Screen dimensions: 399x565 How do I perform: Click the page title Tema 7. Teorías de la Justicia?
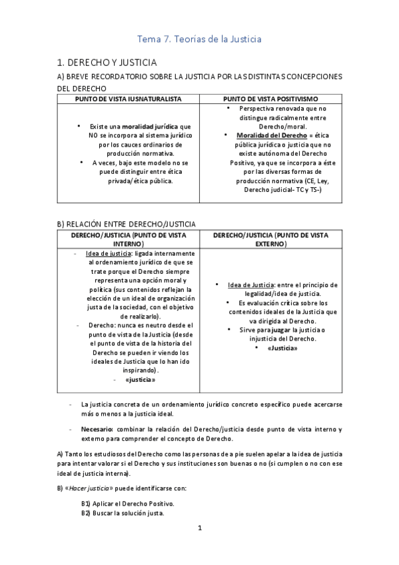point(199,39)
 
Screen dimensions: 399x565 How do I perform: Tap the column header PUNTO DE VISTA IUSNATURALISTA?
point(128,98)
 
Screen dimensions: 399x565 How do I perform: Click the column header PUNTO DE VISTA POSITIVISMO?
point(270,98)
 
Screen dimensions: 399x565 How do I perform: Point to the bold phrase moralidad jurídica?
point(151,126)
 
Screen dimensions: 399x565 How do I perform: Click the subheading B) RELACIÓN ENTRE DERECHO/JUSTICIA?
point(126,224)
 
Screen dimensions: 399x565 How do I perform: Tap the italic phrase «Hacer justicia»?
point(92,488)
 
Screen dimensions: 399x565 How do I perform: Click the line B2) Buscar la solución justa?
point(123,513)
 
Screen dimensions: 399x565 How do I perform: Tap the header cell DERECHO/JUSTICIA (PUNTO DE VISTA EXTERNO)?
point(270,239)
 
